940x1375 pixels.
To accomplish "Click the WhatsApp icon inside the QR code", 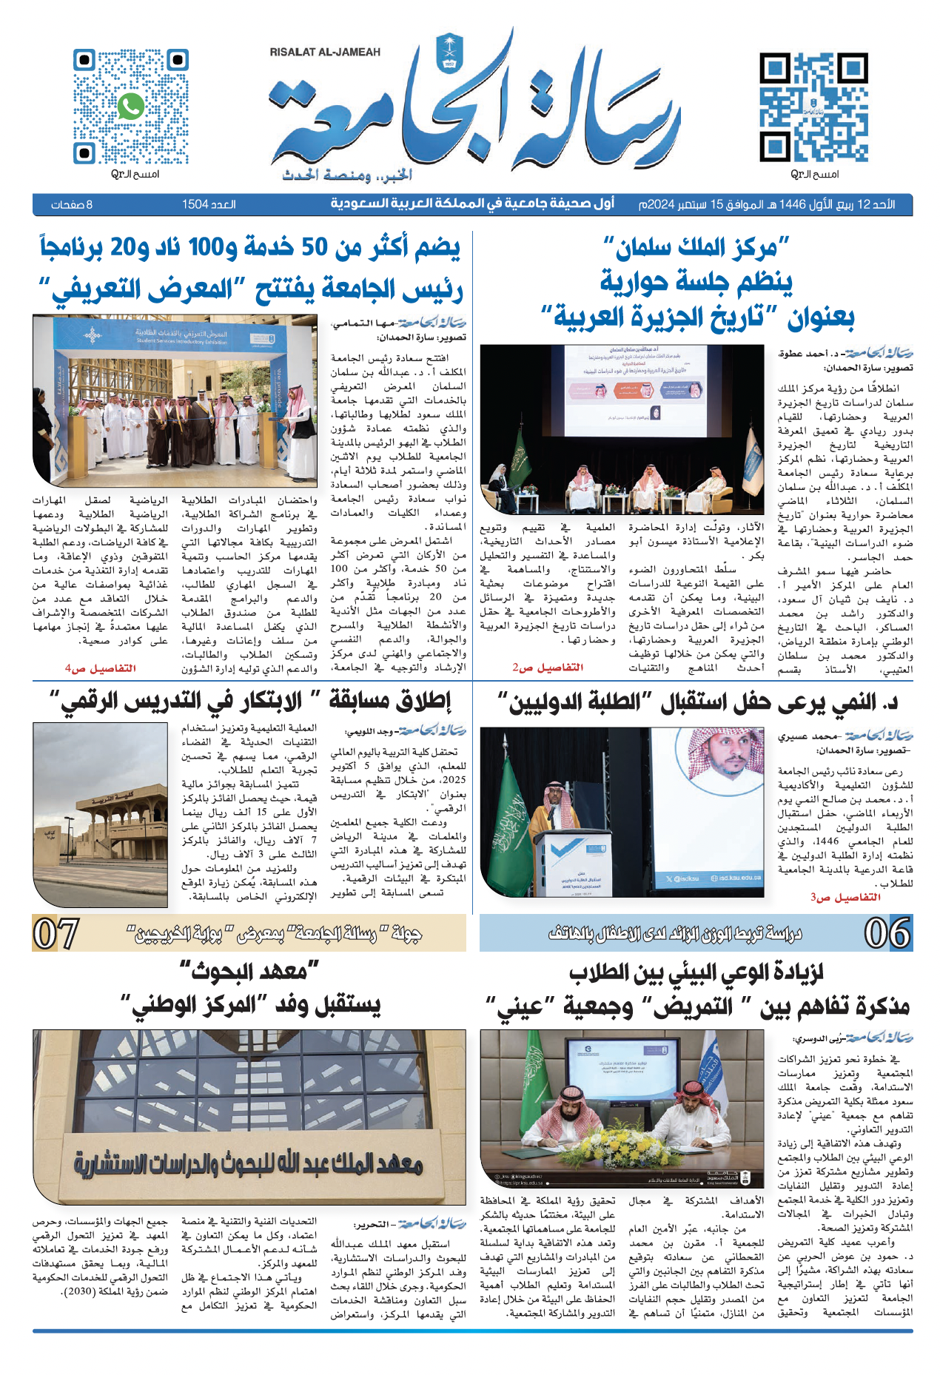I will click(x=131, y=107).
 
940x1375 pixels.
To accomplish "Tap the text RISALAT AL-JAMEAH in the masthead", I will click(x=325, y=52).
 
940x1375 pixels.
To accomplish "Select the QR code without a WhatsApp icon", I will click(x=804, y=107).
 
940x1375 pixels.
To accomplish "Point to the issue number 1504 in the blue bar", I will click(x=195, y=204).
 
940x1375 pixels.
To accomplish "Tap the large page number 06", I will click(x=888, y=933).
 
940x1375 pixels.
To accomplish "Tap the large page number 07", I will click(x=56, y=933).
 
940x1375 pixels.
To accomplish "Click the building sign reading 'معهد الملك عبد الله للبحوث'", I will click(x=248, y=1167).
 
